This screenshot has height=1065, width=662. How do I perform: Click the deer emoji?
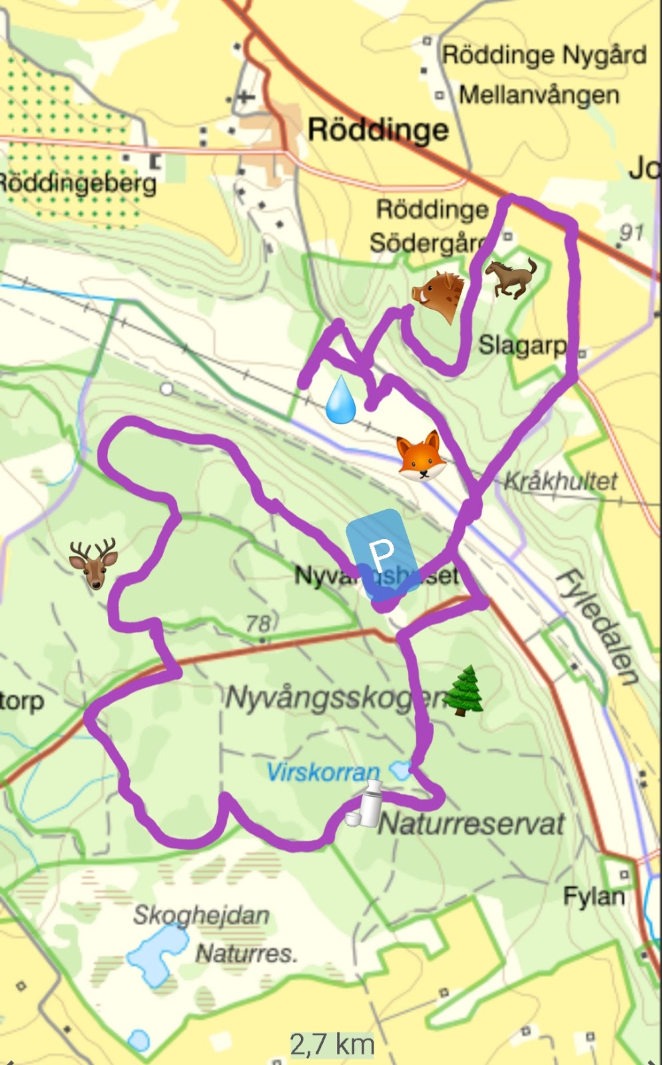pos(93,563)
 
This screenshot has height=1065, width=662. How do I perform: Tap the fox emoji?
pos(421,456)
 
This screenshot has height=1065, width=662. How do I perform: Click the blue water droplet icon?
pos(340,400)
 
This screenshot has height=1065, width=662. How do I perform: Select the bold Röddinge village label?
pos(378,129)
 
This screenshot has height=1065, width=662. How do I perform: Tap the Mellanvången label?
pos(539,95)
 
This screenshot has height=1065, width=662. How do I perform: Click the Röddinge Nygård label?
pos(544,55)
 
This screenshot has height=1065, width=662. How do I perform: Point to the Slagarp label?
pos(522,345)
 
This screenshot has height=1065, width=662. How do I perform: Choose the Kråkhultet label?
pos(561,481)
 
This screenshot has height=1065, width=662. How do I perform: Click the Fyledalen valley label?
pos(597,626)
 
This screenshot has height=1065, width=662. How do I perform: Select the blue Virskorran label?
pos(323,772)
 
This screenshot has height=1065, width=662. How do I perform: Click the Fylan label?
pos(593,896)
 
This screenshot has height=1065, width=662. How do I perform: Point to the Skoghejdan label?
pos(201,915)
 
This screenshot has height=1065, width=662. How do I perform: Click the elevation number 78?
pos(258,624)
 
